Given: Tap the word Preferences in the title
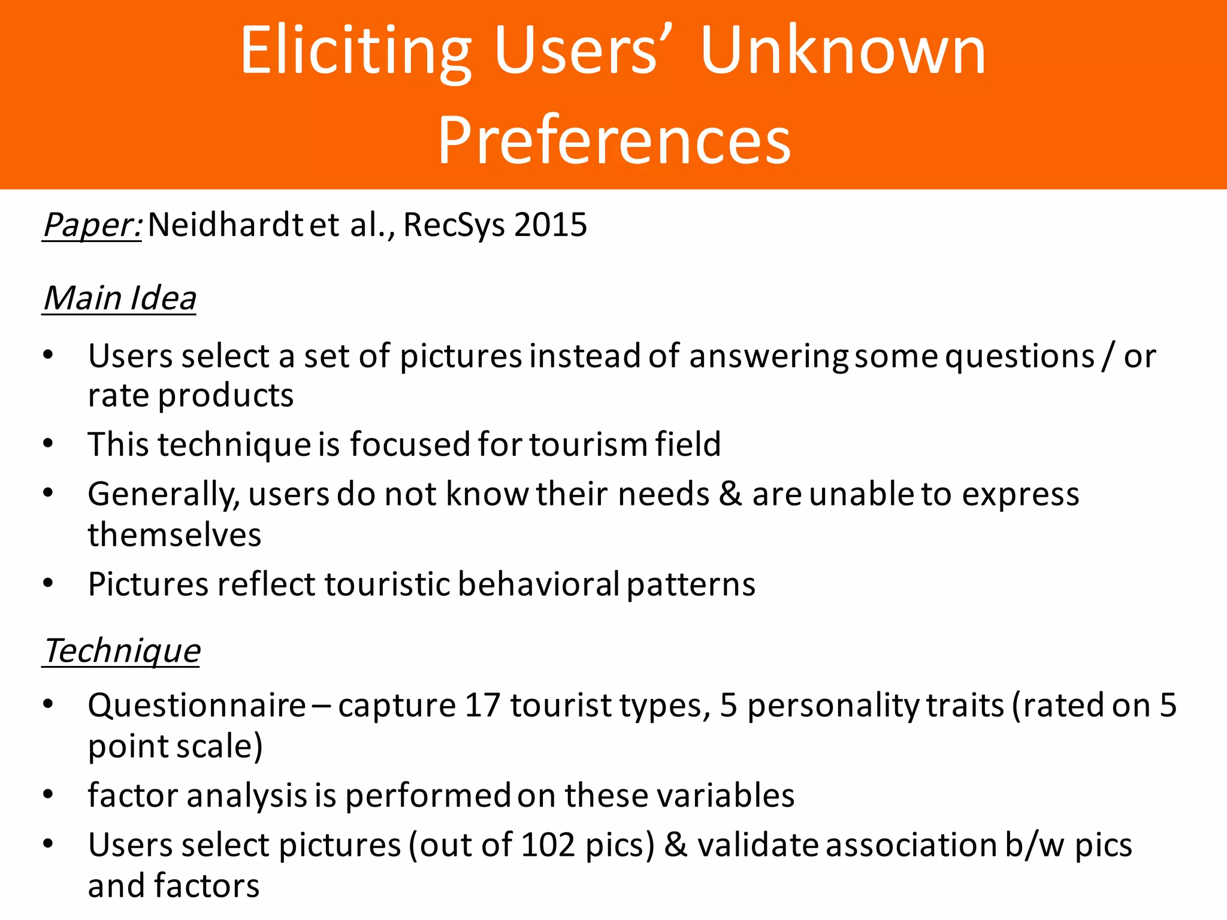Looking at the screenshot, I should [615, 140].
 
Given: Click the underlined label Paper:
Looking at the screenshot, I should [92, 226].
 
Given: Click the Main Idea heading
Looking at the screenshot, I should [120, 298].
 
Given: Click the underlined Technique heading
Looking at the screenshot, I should [122, 651].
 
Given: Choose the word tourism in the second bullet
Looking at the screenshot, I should [587, 444].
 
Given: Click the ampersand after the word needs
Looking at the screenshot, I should [730, 495].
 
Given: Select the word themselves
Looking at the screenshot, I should [174, 535].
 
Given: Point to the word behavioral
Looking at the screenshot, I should [539, 584].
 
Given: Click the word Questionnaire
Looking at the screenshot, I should [197, 706].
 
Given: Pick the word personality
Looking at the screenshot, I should [833, 706].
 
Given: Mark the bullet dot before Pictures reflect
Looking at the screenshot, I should [49, 583].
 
